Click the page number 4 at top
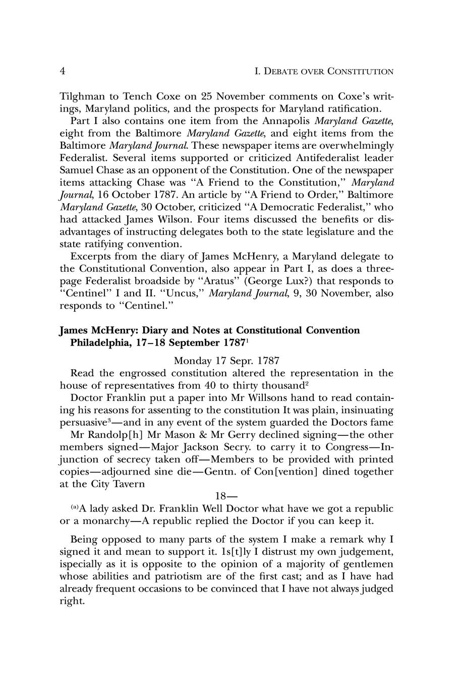pos(63,71)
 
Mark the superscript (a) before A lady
pos(75,507)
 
